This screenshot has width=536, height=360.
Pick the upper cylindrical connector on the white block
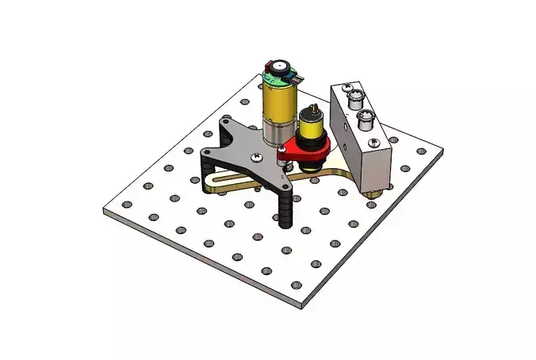click(x=354, y=97)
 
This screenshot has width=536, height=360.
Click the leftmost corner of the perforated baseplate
click(x=104, y=210)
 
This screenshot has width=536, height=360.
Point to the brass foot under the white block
click(x=373, y=193)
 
